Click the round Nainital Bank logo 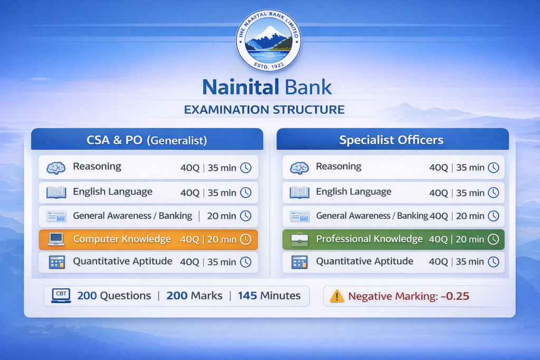pos(269,41)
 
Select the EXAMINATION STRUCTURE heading pos(264,110)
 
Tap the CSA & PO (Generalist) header pos(147,140)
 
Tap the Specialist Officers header pos(391,140)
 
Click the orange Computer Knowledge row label pos(122,239)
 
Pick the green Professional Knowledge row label pos(369,239)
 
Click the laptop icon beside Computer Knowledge pos(56,239)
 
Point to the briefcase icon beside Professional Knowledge pos(300,239)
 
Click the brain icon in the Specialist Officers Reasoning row pos(300,168)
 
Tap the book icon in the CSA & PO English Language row pos(56,192)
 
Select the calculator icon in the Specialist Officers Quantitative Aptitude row pos(300,262)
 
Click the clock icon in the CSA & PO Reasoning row pos(246,168)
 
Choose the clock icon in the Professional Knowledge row pos(493,239)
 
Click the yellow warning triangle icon pos(336,296)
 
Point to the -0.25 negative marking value pos(454,296)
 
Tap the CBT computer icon pos(61,296)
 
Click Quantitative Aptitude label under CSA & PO pos(122,261)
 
